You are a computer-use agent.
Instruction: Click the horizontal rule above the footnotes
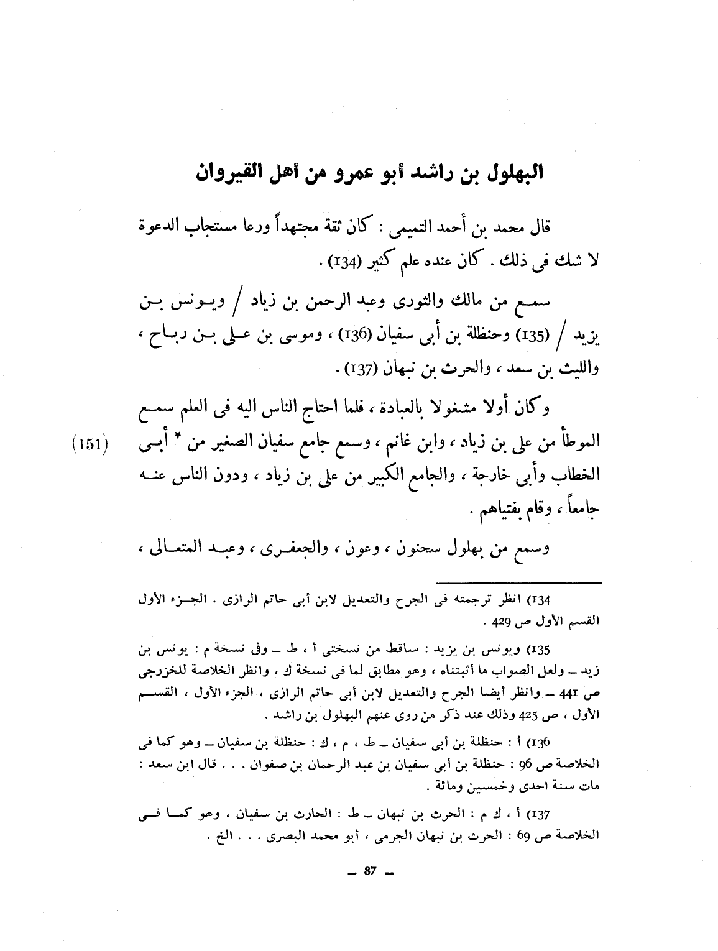click(518, 582)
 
